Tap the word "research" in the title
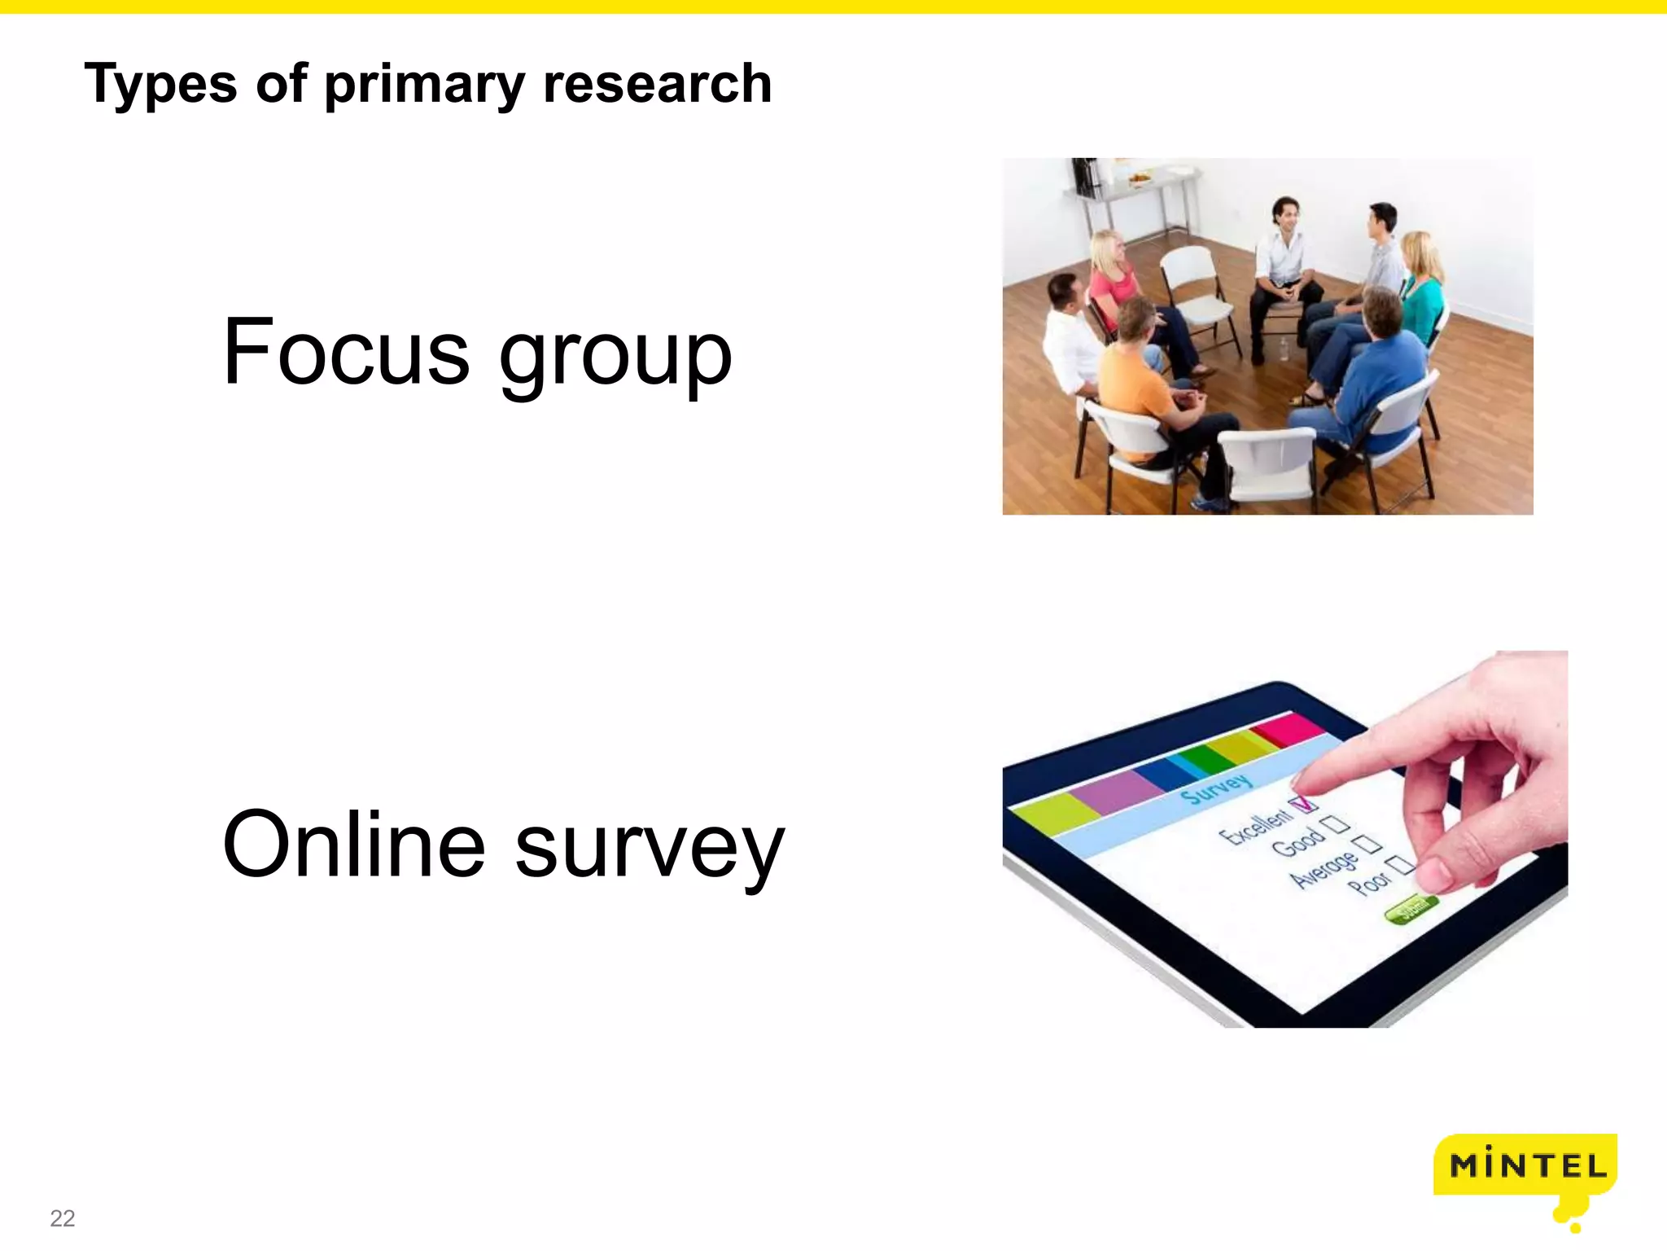(x=657, y=83)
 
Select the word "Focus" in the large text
(x=346, y=353)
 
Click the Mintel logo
(x=1525, y=1166)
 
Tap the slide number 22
(x=62, y=1218)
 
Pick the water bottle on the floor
(x=1284, y=349)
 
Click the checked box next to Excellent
(x=1304, y=804)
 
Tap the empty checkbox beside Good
(x=1335, y=824)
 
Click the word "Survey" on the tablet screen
(x=1216, y=788)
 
